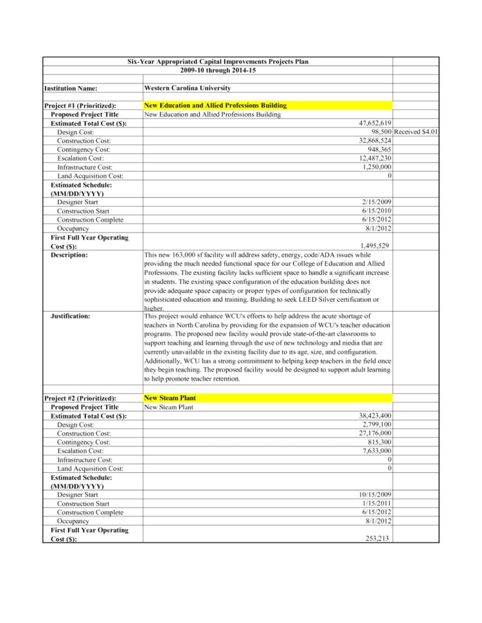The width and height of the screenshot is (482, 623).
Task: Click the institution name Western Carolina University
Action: coord(187,88)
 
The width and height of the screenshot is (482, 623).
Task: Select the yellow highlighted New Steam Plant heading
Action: coord(170,398)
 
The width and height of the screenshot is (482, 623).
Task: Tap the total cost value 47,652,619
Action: coord(375,123)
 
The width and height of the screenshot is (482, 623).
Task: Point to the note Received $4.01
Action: coord(416,132)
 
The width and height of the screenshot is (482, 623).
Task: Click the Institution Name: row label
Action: coord(71,89)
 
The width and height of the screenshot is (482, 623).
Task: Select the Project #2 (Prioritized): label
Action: coord(80,399)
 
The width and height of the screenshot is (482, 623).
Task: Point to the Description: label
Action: coord(69,255)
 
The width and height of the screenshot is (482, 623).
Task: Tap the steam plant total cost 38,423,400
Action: coord(375,416)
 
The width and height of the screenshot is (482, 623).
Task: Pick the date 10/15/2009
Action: coord(375,495)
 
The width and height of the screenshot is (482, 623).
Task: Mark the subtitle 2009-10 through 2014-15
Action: coord(218,70)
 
